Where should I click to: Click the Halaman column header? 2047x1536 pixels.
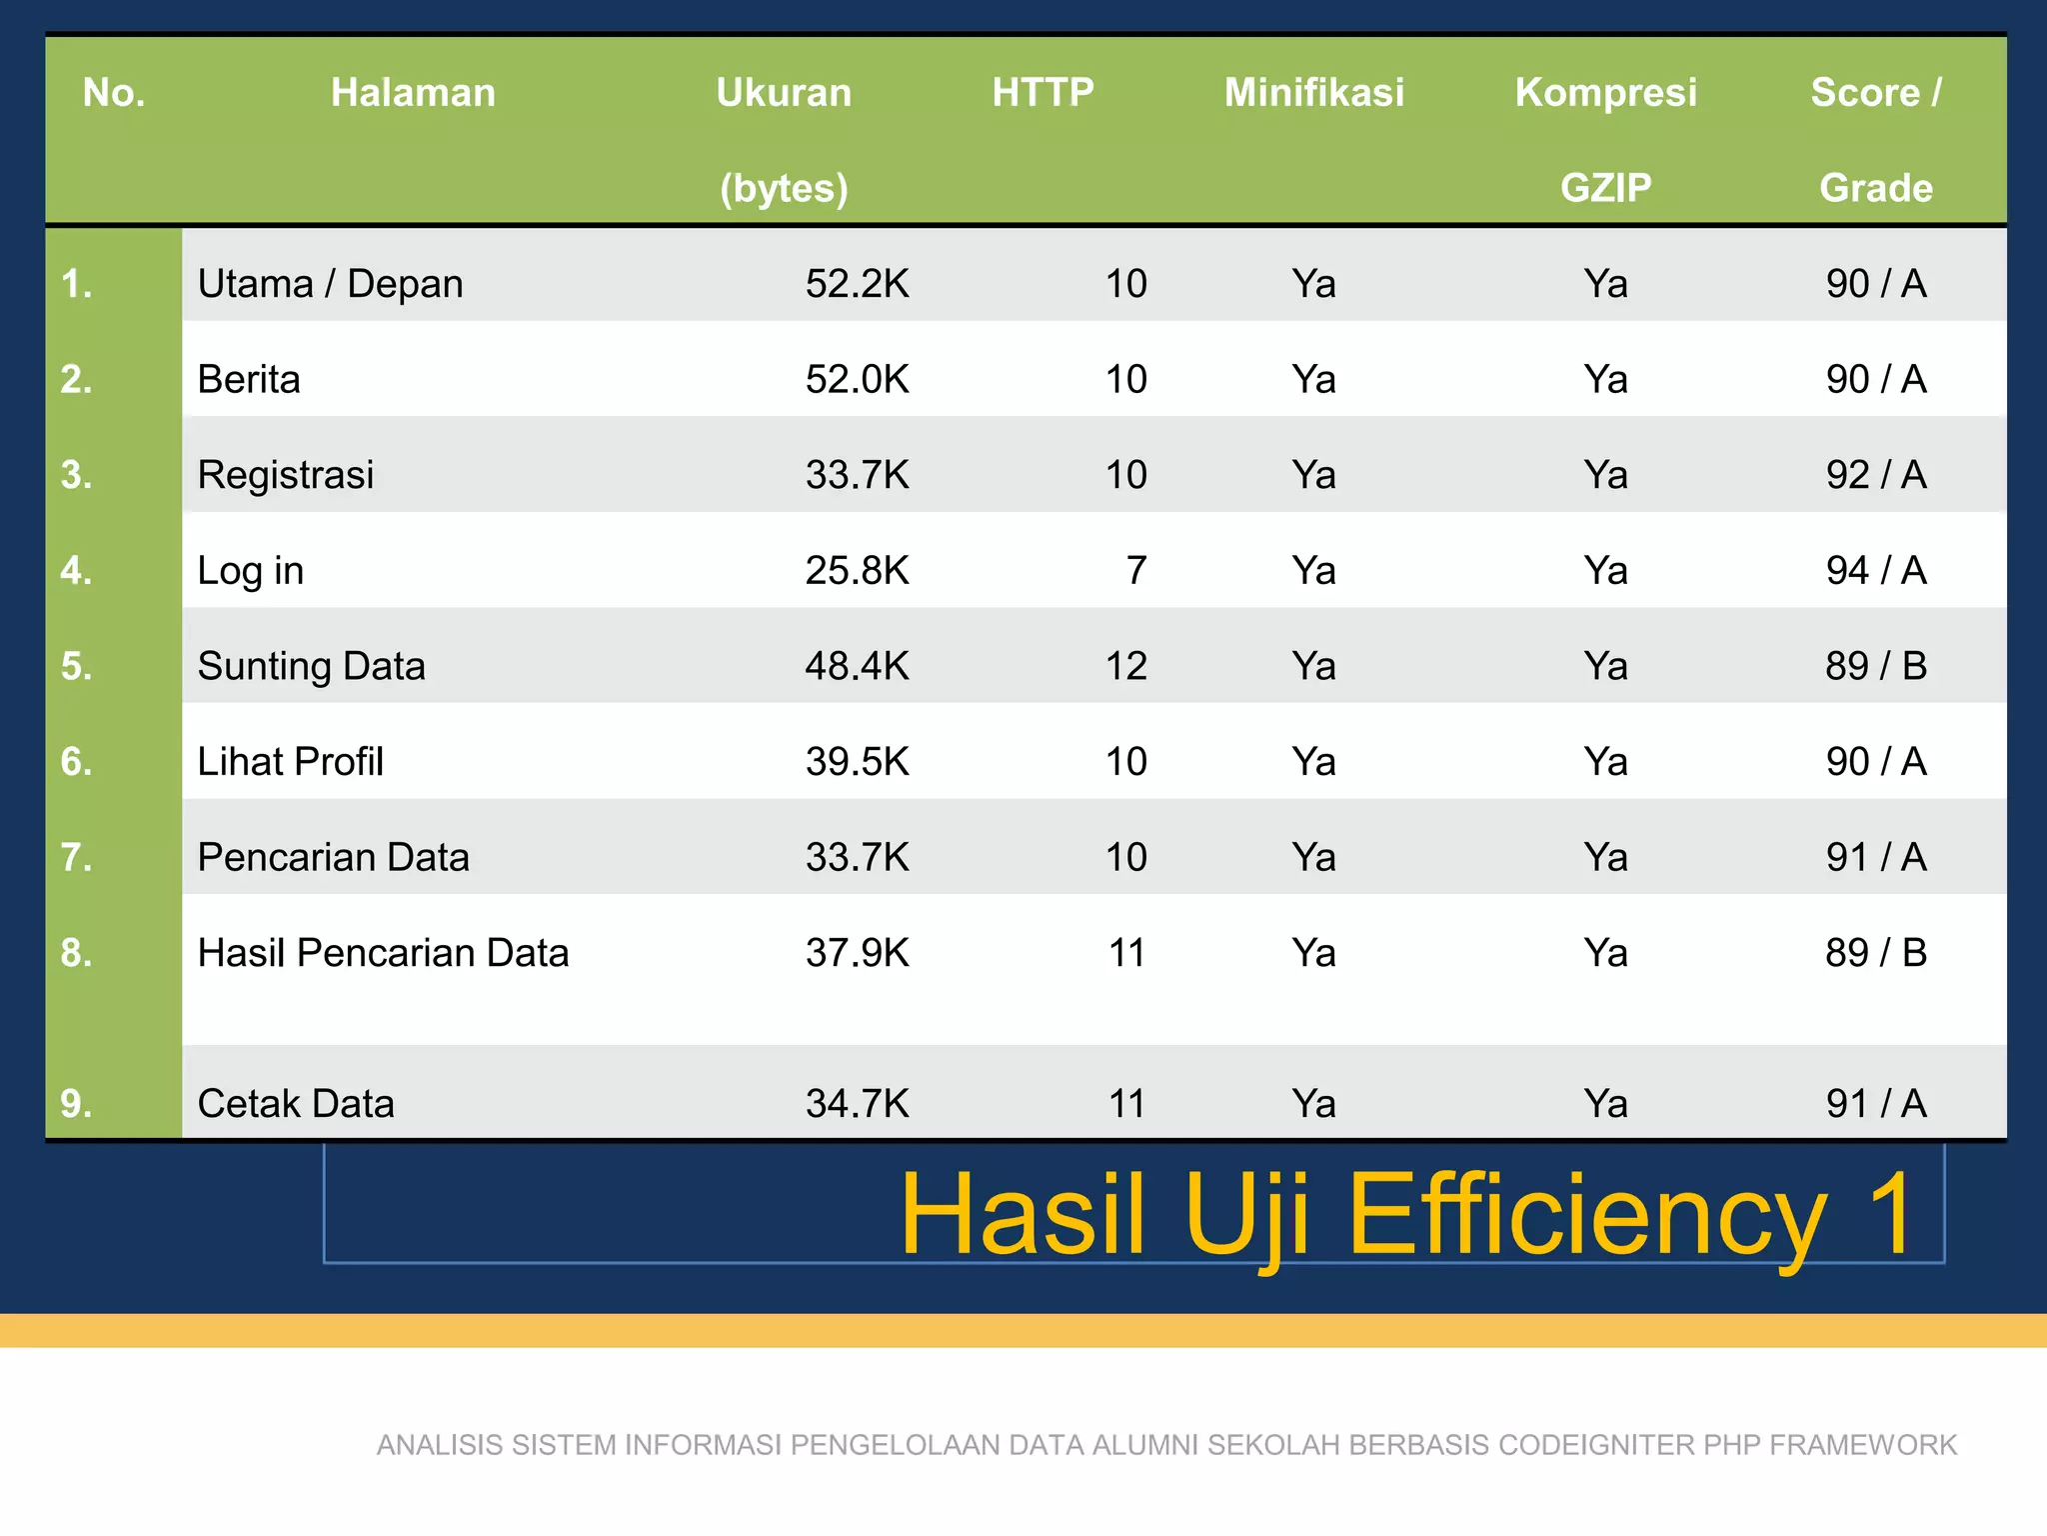(413, 92)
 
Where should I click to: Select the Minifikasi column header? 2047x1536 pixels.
(1313, 92)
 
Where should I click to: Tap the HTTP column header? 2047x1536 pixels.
(1042, 92)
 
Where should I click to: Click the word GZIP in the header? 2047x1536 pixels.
(1605, 188)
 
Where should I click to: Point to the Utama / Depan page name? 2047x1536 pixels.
(330, 284)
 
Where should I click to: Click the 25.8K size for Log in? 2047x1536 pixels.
(857, 571)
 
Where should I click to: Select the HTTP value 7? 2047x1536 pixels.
(1135, 571)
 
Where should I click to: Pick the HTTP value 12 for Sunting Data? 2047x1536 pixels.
(1125, 666)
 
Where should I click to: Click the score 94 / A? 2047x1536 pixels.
(1875, 571)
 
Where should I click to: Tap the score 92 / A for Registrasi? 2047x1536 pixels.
(1875, 475)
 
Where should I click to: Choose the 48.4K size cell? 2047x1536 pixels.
(857, 666)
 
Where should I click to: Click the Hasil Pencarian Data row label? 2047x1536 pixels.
(383, 953)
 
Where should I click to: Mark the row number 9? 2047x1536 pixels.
(77, 1104)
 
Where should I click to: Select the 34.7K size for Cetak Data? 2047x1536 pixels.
(857, 1104)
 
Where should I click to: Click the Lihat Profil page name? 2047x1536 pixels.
(290, 762)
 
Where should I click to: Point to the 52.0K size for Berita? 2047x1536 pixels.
(857, 380)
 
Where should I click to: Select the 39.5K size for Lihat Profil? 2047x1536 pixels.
(857, 762)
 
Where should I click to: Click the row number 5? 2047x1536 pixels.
(77, 666)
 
